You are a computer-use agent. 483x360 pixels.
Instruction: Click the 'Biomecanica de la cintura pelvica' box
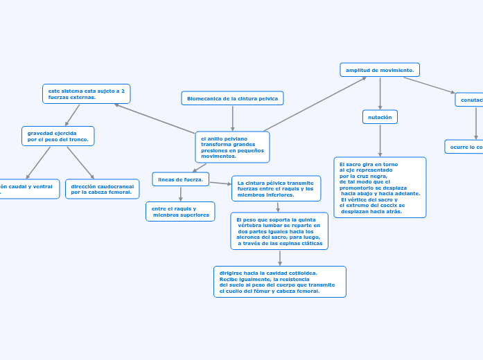coord(232,98)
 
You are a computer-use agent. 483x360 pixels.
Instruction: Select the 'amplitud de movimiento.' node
coord(380,70)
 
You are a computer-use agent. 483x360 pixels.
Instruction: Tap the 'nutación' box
coord(380,117)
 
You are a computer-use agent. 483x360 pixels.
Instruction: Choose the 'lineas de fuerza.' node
coord(180,179)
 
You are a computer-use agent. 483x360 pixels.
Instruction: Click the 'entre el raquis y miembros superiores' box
coord(180,211)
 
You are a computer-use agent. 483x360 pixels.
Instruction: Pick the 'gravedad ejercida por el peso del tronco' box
coord(58,136)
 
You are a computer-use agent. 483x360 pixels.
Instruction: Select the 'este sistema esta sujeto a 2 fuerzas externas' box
coord(86,93)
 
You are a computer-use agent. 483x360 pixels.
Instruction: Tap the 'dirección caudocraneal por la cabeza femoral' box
coord(102,189)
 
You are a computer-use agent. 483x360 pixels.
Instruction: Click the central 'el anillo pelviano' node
coord(232,147)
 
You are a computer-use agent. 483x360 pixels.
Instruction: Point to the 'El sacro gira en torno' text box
coord(380,187)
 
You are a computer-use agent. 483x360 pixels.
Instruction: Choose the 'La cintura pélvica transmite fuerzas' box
coord(276,188)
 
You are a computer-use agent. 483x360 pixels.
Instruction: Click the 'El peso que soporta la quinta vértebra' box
coord(279,231)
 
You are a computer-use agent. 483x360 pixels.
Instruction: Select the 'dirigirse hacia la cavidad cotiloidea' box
coord(279,282)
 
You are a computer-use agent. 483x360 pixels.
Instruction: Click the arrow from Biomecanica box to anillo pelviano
coord(232,118)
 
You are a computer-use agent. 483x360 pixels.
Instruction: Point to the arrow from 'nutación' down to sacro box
coord(380,141)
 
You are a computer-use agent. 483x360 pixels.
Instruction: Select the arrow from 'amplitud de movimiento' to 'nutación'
coord(380,93)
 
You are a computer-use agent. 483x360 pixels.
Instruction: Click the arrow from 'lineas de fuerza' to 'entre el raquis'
coord(180,194)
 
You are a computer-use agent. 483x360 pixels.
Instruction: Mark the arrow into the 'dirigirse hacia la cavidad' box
coord(280,258)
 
